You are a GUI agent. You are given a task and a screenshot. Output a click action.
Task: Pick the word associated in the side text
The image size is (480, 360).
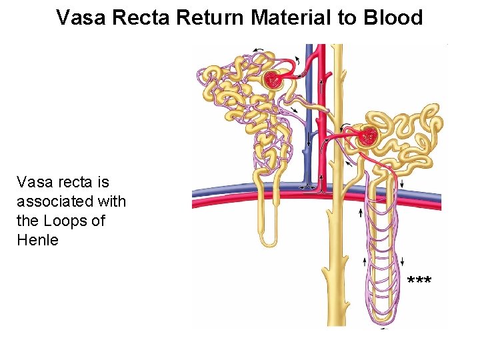[71, 201]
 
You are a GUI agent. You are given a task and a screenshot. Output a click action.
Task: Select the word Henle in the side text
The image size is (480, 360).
[37, 239]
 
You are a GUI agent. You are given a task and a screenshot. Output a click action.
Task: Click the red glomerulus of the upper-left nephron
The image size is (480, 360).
[273, 81]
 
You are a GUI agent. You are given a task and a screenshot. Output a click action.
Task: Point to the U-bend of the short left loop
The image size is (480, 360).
[269, 241]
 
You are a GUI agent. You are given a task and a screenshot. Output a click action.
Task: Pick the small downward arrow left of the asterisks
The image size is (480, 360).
[402, 261]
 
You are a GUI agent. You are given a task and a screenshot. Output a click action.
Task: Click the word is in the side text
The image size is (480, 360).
[102, 181]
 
